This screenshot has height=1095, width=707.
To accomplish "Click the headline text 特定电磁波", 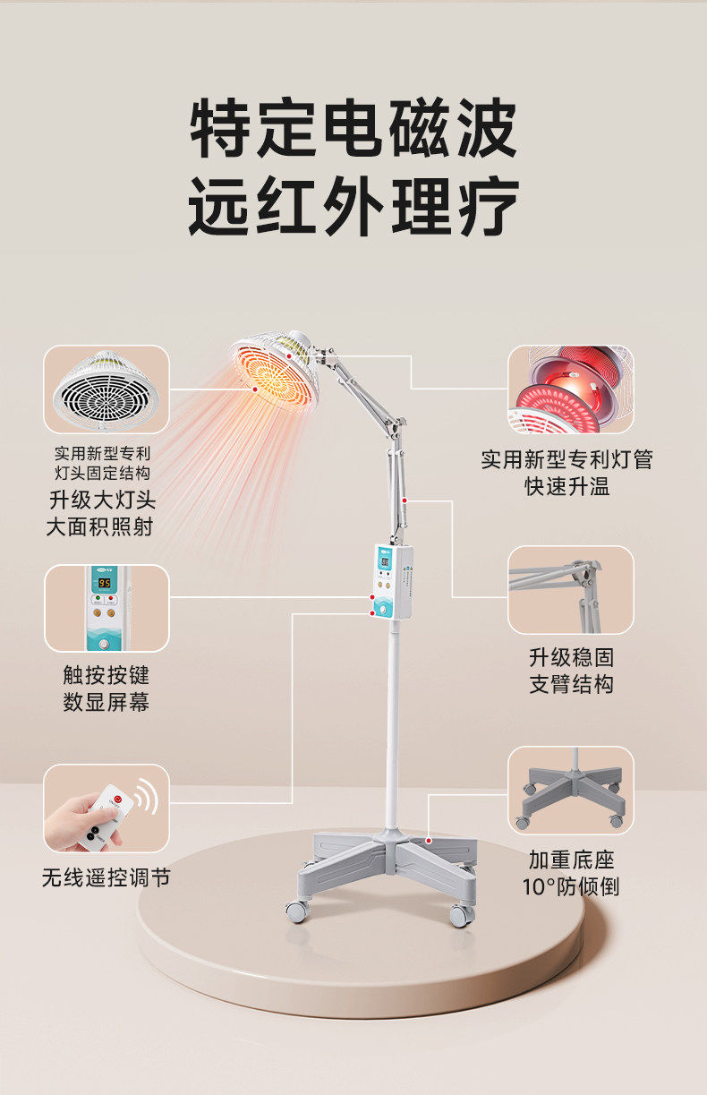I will click(x=353, y=131).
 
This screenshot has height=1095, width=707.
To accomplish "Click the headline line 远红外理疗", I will click(x=353, y=207).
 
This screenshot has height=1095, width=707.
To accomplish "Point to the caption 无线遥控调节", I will click(x=106, y=877).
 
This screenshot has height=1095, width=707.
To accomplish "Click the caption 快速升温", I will click(x=567, y=487).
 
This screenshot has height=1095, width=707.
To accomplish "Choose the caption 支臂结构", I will click(x=571, y=685).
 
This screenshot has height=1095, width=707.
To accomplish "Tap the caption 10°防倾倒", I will click(x=571, y=887).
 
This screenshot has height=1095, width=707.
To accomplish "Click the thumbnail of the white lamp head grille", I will click(x=106, y=389).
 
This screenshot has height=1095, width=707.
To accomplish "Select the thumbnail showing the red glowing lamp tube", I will click(x=571, y=389).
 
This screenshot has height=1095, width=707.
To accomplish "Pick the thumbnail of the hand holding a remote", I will click(x=106, y=808).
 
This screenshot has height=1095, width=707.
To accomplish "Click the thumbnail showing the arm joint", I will click(x=571, y=590).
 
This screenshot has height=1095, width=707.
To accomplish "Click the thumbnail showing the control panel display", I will click(x=106, y=608).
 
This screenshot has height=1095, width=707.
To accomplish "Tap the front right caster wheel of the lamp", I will click(x=461, y=915).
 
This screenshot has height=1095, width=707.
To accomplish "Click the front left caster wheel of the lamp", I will click(x=296, y=911).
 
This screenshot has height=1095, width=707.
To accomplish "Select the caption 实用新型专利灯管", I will click(x=567, y=459).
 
